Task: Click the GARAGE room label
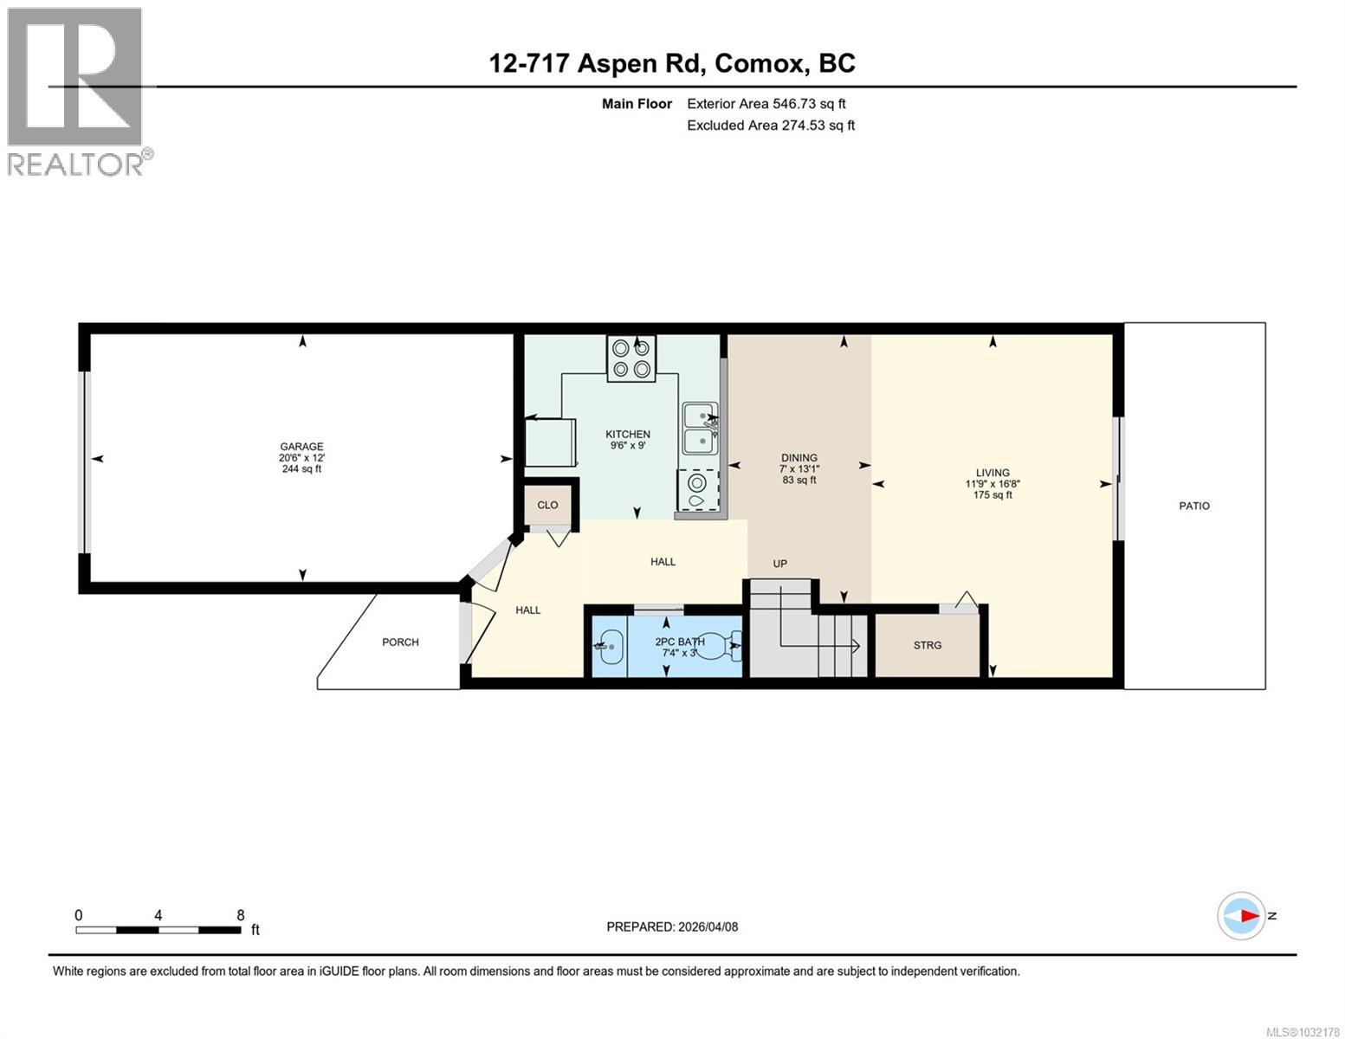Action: [x=301, y=447]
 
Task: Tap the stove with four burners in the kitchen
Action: [x=630, y=358]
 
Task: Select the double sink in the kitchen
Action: [x=699, y=428]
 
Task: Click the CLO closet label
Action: [x=547, y=505]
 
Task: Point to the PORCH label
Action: [x=400, y=642]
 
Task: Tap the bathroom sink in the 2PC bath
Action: [x=609, y=645]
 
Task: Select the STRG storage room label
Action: [x=927, y=645]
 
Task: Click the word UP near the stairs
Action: [x=779, y=564]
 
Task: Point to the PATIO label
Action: [x=1193, y=506]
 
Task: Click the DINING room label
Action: [x=799, y=458]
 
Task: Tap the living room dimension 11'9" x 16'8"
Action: [x=993, y=484]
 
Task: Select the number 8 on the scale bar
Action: [x=241, y=915]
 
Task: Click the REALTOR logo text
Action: [x=76, y=164]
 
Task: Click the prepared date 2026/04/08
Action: [x=707, y=926]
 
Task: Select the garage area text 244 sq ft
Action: [x=301, y=469]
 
